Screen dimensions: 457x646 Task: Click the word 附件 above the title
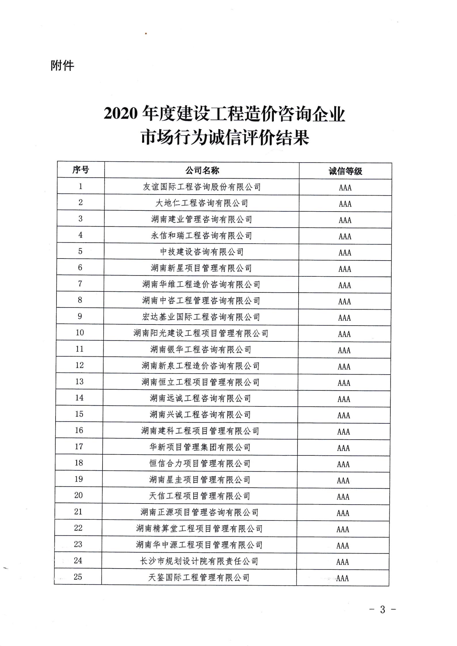coord(62,66)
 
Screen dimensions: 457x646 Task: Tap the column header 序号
coord(81,170)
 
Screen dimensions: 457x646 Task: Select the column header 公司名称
coord(202,171)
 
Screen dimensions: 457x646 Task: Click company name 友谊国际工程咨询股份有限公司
coord(202,187)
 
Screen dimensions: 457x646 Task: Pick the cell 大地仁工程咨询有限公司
coord(202,203)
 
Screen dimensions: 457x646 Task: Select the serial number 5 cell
coord(80,251)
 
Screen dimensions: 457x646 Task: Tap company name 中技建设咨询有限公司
coord(202,252)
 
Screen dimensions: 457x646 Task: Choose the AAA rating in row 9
coord(344,318)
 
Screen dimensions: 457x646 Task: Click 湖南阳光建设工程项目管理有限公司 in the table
coord(201,333)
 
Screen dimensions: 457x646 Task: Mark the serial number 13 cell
coord(79,381)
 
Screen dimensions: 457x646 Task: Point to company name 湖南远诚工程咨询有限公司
coord(200,398)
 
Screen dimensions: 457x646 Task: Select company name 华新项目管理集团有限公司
coord(200,447)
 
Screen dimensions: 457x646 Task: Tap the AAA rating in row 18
coord(343,464)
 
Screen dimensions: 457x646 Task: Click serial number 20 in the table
coord(79,495)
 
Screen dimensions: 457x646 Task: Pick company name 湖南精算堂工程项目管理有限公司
coord(199,529)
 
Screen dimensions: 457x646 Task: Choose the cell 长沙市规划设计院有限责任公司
coord(199,561)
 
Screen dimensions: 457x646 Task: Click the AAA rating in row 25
coord(342,578)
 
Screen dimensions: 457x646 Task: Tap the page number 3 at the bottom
coord(382,609)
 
